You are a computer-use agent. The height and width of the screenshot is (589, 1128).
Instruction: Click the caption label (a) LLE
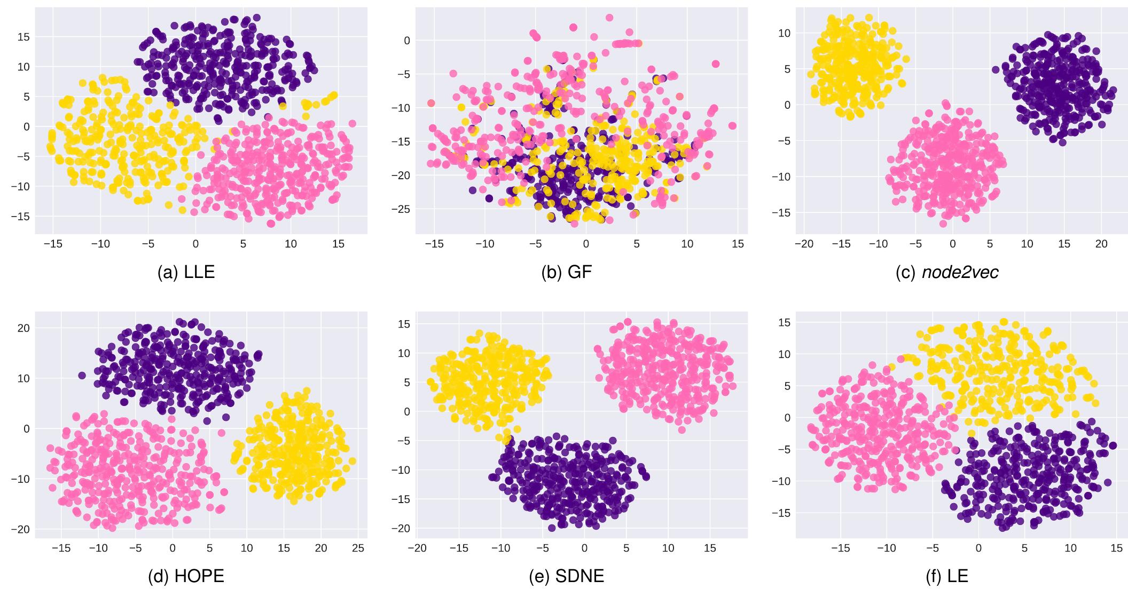pyautogui.click(x=186, y=272)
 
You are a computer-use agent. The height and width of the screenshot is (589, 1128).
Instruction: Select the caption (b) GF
pyautogui.click(x=567, y=272)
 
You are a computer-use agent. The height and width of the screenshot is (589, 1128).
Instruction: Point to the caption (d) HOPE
pyautogui.click(x=186, y=576)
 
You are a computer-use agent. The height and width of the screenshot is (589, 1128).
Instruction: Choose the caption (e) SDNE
pyautogui.click(x=567, y=576)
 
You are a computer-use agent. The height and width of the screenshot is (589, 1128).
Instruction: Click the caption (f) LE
pyautogui.click(x=947, y=576)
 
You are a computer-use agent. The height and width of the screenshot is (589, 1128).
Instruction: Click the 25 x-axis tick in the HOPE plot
pyautogui.click(x=358, y=548)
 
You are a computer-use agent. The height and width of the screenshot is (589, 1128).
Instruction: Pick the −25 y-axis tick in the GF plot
pyautogui.click(x=401, y=209)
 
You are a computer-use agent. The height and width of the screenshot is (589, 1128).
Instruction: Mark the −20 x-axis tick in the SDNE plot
pyautogui.click(x=417, y=548)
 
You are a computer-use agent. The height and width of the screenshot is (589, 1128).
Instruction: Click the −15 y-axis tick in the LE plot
pyautogui.click(x=781, y=513)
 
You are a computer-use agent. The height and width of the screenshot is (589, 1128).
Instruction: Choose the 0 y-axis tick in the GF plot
pyautogui.click(x=407, y=41)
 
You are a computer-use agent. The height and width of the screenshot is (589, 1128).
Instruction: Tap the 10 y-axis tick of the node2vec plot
pyautogui.click(x=785, y=33)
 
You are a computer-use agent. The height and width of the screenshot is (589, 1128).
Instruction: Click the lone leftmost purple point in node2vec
pyautogui.click(x=996, y=70)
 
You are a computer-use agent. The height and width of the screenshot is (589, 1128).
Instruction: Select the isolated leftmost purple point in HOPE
pyautogui.click(x=82, y=376)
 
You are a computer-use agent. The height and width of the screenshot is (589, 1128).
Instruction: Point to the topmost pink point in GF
pyautogui.click(x=609, y=18)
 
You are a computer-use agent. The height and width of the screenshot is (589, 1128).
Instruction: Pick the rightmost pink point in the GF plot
pyautogui.click(x=732, y=126)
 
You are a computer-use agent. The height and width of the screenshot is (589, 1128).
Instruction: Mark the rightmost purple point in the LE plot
pyautogui.click(x=1113, y=445)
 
